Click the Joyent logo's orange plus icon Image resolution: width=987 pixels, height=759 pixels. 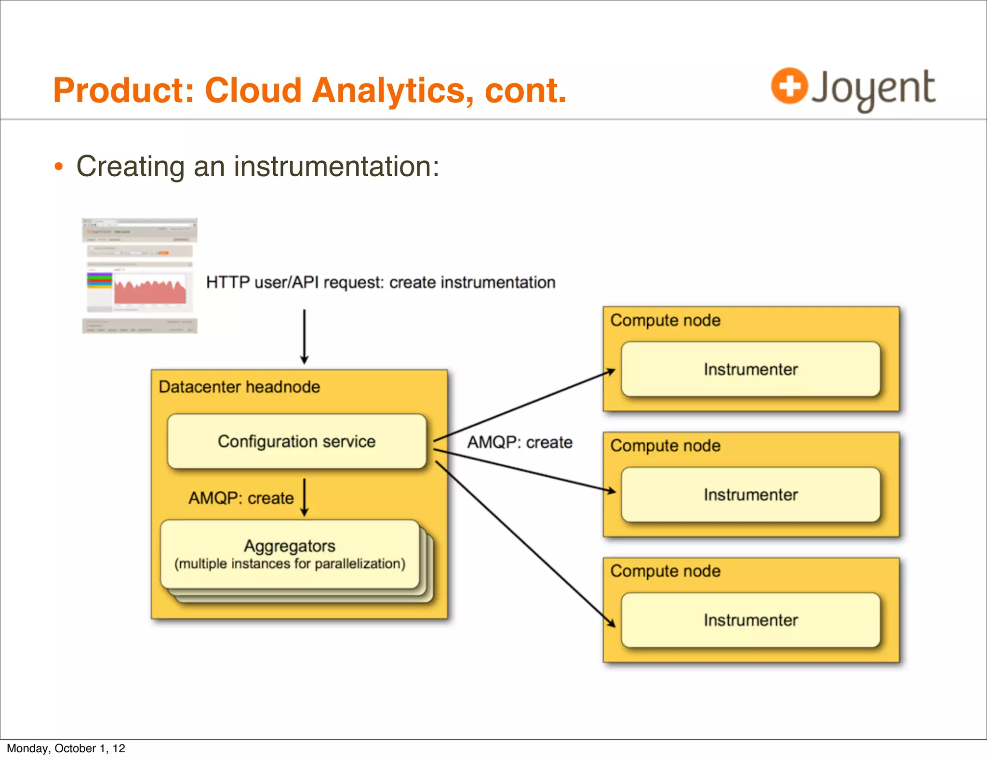[789, 86]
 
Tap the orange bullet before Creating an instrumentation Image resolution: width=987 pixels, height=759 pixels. [58, 167]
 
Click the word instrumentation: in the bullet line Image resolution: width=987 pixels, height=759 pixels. [336, 167]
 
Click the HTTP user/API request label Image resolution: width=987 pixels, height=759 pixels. [380, 282]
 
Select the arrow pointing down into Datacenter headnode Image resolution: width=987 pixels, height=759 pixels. [304, 337]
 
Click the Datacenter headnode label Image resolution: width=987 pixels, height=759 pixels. [239, 387]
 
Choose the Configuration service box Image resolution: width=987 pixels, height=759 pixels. [296, 441]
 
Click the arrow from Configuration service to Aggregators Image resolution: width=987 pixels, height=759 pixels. [304, 497]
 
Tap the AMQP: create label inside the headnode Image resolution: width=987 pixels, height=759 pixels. [241, 498]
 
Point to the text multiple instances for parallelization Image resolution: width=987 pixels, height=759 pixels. [290, 564]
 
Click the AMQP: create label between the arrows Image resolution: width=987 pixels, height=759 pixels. [520, 442]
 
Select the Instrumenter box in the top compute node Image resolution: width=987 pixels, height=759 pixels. [750, 369]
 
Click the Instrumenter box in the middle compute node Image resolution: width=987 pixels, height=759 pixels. [750, 495]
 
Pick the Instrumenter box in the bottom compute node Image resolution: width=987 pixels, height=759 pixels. [750, 620]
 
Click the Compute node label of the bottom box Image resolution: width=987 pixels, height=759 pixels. [665, 571]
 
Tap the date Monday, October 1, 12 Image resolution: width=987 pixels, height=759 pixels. [66, 748]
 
